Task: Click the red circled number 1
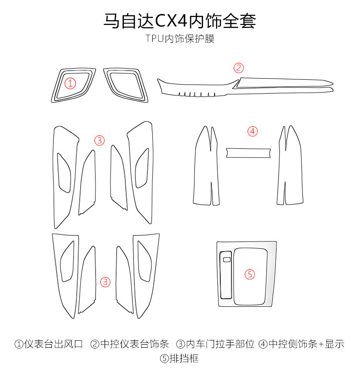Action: (x=71, y=84)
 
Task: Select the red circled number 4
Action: (x=252, y=131)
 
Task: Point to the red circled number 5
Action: (x=250, y=274)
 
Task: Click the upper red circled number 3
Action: (x=99, y=140)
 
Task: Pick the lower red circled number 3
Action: (x=106, y=282)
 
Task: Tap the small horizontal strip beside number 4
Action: (x=249, y=153)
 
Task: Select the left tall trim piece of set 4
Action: (x=207, y=168)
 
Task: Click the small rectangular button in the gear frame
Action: (x=227, y=260)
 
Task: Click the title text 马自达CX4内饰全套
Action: (x=180, y=21)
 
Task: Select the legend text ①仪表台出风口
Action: (x=49, y=344)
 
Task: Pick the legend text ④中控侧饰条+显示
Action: (x=301, y=344)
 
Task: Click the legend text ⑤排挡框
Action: (x=180, y=358)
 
